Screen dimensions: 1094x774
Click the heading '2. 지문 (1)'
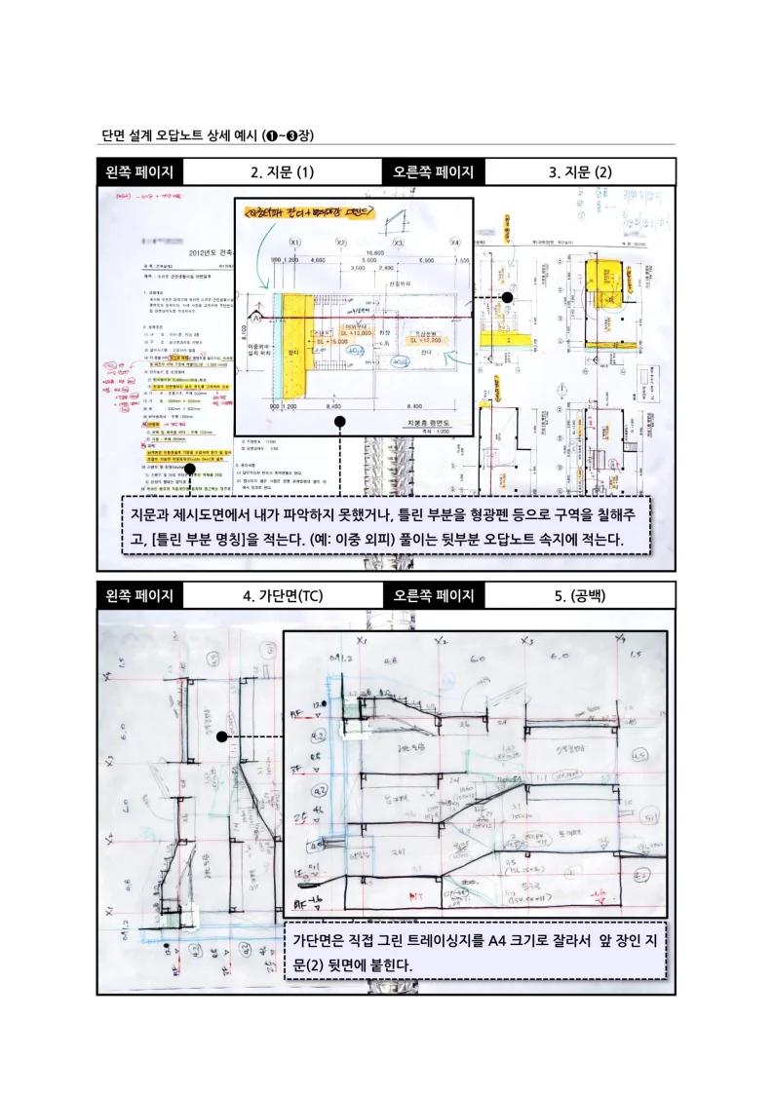click(x=282, y=172)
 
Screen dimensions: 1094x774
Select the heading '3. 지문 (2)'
click(x=579, y=172)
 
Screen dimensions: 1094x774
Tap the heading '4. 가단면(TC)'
click(x=282, y=595)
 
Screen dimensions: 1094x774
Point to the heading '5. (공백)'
click(x=579, y=595)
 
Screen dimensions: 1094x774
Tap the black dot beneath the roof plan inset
click(x=339, y=422)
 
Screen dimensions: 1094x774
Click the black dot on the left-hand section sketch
click(x=222, y=736)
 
